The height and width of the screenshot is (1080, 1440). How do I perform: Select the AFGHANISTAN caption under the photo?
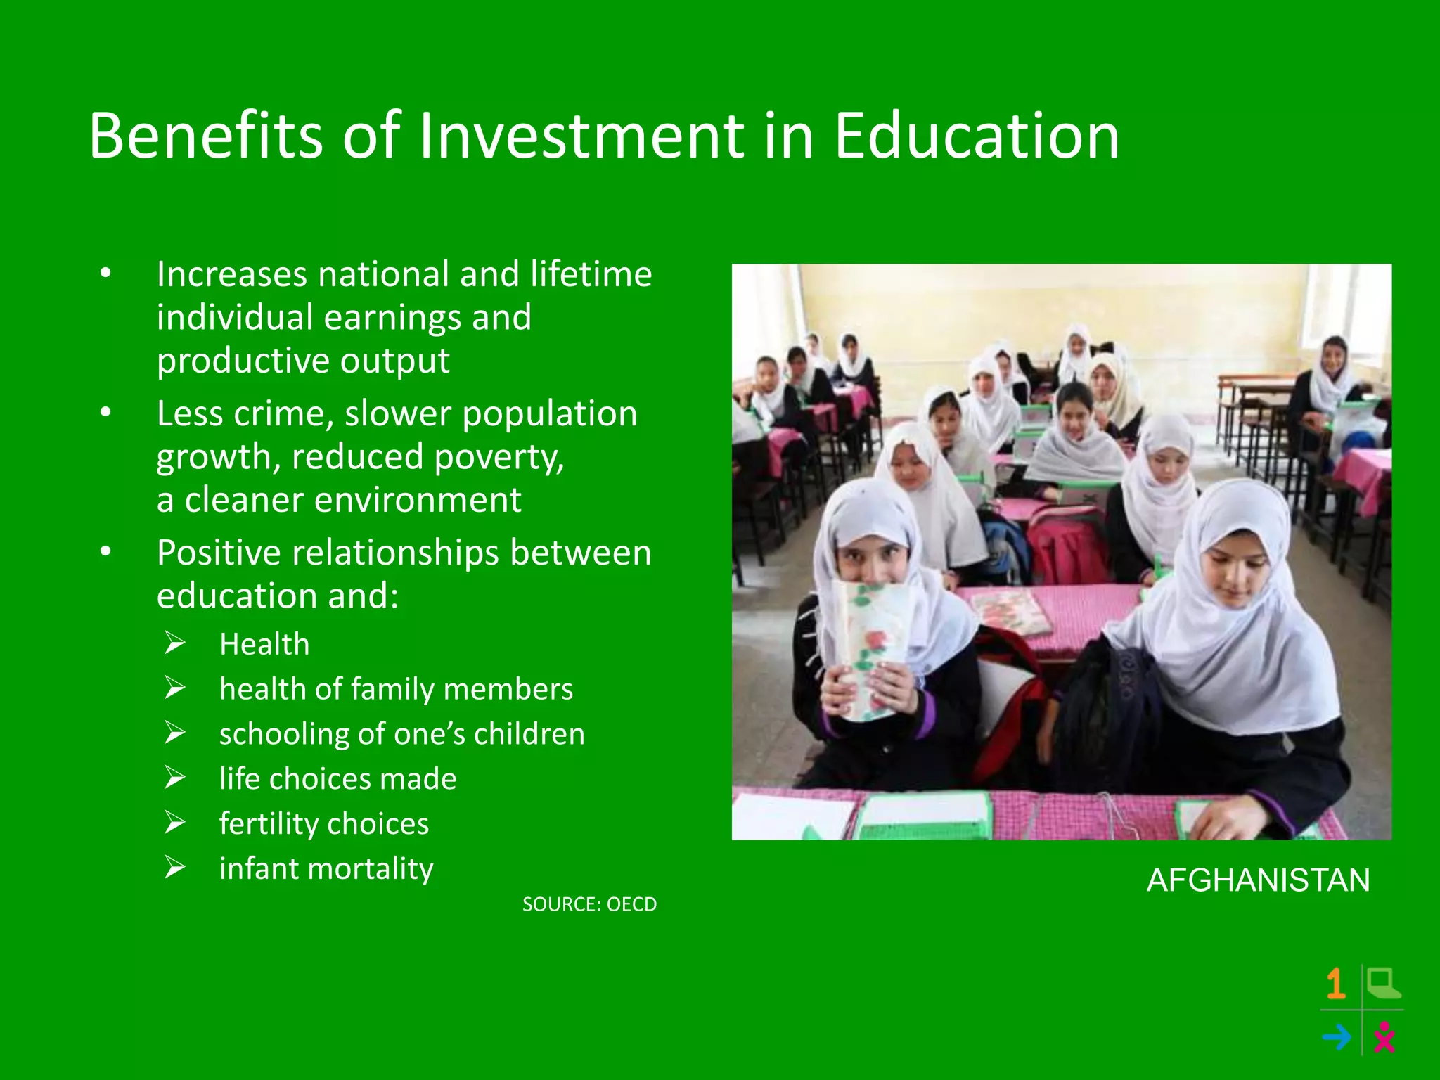[x=1258, y=880]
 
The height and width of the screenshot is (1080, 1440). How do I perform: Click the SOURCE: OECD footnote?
[x=589, y=904]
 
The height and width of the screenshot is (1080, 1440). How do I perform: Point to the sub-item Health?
[x=264, y=644]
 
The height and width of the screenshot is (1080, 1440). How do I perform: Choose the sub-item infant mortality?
[x=326, y=869]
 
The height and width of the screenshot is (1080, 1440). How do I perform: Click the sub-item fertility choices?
[x=324, y=823]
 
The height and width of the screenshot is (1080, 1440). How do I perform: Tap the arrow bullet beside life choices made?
[x=175, y=778]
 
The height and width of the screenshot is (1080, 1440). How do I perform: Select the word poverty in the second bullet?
[x=499, y=458]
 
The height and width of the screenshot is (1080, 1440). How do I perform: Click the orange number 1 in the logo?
[x=1336, y=984]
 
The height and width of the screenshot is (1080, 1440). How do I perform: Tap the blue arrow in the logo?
[x=1337, y=1037]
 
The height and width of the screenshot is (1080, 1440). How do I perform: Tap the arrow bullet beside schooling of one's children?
[x=175, y=733]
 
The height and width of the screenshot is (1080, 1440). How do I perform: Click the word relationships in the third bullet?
[x=396, y=553]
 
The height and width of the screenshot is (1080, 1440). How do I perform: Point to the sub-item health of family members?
[x=396, y=689]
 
